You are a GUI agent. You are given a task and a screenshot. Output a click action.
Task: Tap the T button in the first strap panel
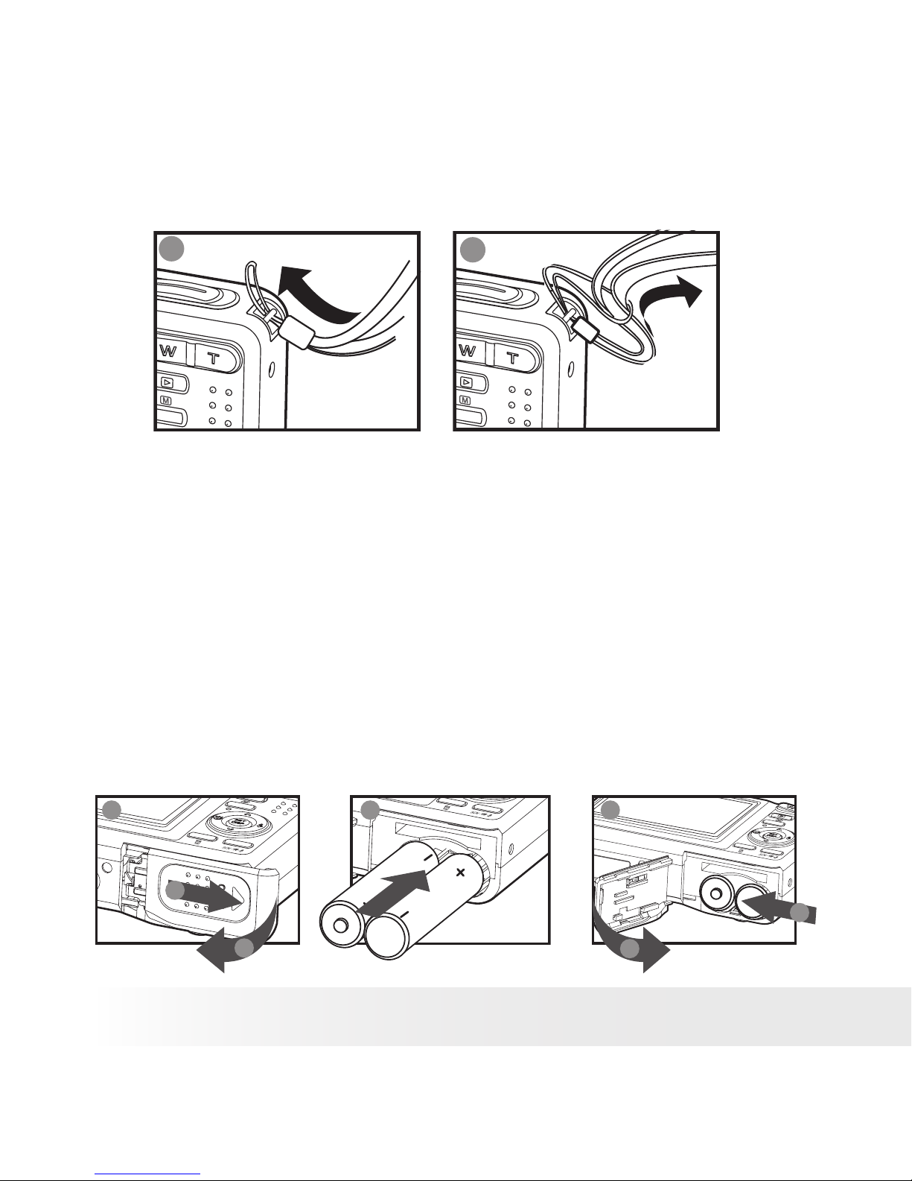(x=215, y=356)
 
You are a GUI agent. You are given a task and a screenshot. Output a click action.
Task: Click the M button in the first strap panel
(x=165, y=401)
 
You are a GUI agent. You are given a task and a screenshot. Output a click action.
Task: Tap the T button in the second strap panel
(x=514, y=356)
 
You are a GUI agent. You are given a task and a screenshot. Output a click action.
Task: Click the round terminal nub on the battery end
(x=341, y=925)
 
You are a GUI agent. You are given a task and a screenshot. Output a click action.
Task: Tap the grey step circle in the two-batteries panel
(x=370, y=811)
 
